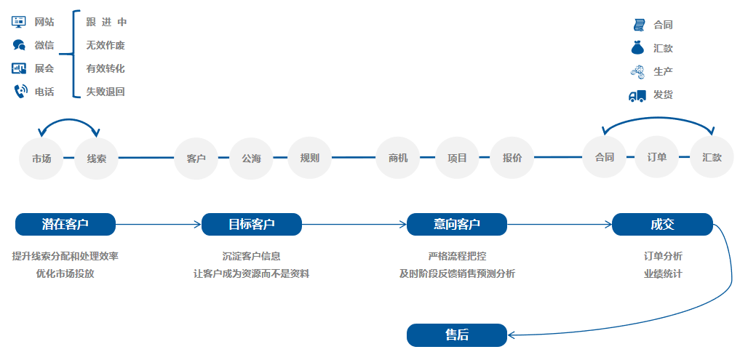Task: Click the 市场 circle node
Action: [41, 158]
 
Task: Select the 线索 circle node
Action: [97, 158]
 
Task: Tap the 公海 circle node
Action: [251, 158]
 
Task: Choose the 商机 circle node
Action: [398, 158]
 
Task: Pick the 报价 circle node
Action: [512, 158]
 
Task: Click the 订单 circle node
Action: [657, 158]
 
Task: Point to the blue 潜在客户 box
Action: [65, 224]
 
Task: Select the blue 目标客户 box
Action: [252, 224]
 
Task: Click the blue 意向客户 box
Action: [456, 224]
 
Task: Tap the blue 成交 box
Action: [662, 224]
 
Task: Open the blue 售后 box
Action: [456, 335]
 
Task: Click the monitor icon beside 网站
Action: [19, 23]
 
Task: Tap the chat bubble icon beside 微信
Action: [19, 45]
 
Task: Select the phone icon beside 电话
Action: [19, 92]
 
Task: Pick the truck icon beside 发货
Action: [637, 95]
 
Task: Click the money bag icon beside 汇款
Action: [637, 48]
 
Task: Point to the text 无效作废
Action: [106, 45]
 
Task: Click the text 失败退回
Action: [106, 92]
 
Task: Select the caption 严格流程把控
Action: [457, 256]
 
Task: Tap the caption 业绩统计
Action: [663, 274]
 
